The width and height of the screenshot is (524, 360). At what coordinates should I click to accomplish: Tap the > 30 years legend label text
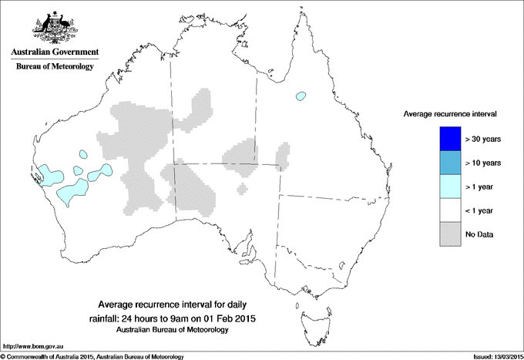(484, 139)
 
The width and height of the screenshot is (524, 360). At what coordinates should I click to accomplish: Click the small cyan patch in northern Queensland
(301, 96)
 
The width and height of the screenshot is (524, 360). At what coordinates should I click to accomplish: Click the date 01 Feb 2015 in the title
(224, 318)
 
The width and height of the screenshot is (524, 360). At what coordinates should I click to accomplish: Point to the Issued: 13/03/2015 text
(494, 356)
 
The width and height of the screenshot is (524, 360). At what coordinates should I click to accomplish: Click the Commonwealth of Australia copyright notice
(92, 356)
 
